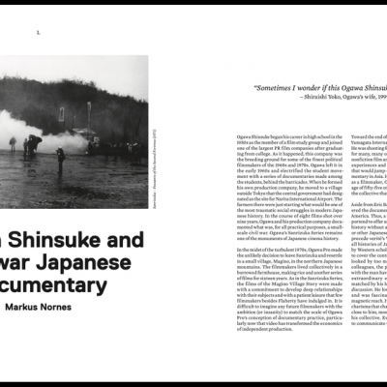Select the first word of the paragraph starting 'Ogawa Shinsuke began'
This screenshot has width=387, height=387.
243,137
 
